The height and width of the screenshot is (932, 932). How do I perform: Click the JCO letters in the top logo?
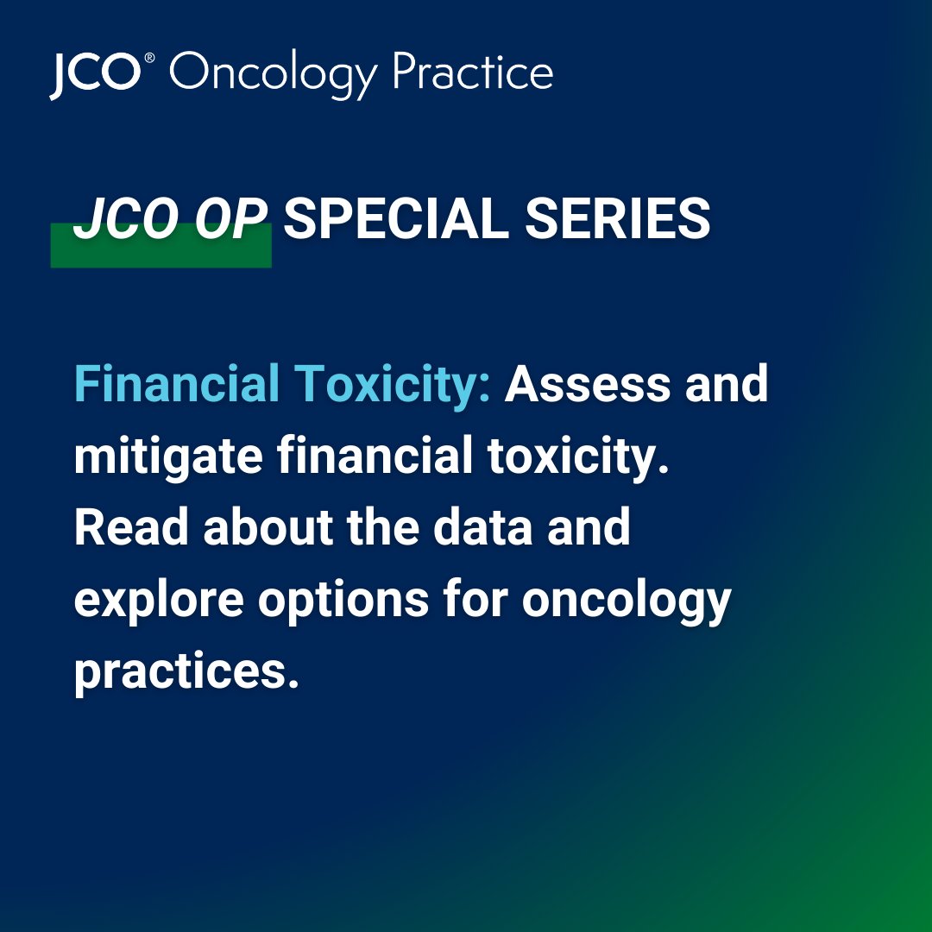point(94,74)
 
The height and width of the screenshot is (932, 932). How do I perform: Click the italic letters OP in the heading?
point(227,220)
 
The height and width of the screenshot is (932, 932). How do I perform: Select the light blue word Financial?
point(177,383)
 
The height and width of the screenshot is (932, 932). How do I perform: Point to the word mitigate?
point(168,457)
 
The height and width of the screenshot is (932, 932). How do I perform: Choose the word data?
point(482,527)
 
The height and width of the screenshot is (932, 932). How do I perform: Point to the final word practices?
point(186,672)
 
